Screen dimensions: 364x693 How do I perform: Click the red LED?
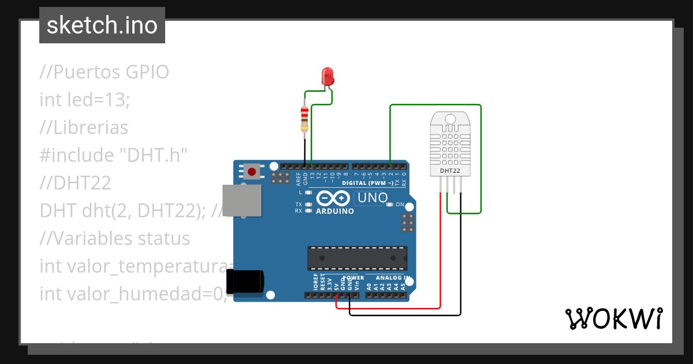pyautogui.click(x=327, y=76)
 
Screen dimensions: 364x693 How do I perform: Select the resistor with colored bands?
pyautogui.click(x=304, y=119)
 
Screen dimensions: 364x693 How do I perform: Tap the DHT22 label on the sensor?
pyautogui.click(x=450, y=171)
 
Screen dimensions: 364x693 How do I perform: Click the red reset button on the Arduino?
pyautogui.click(x=252, y=171)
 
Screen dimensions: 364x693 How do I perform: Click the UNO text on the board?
pyautogui.click(x=372, y=198)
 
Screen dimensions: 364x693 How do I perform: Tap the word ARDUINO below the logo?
pyautogui.click(x=335, y=211)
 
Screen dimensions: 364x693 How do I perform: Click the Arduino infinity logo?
pyautogui.click(x=333, y=198)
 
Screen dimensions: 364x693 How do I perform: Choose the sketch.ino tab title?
pyautogui.click(x=102, y=25)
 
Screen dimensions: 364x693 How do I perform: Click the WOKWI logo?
pyautogui.click(x=613, y=318)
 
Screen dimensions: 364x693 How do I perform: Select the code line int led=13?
pyautogui.click(x=85, y=99)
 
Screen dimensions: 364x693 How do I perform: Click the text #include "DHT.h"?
pyautogui.click(x=114, y=155)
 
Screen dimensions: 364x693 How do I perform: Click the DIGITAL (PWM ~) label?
pyautogui.click(x=367, y=183)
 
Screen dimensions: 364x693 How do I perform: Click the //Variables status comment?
pyautogui.click(x=114, y=238)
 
